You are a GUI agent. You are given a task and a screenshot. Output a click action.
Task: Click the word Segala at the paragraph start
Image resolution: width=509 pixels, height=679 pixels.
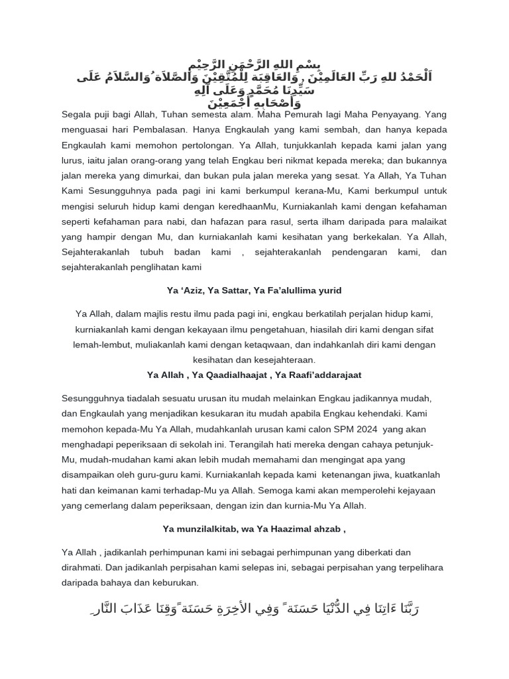tap(77, 115)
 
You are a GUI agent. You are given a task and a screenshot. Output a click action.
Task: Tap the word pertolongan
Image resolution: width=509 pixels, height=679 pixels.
tap(200, 145)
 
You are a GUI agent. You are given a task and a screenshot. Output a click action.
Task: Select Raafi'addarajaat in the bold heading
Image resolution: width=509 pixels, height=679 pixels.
tap(320, 375)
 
